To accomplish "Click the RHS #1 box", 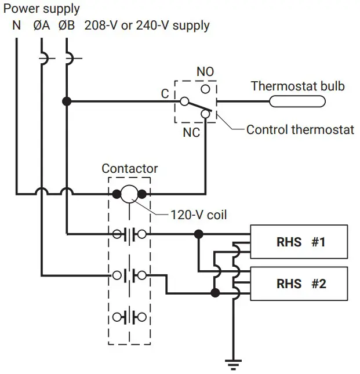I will pos(299,242).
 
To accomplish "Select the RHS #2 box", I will pos(299,284).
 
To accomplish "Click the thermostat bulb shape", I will pos(297,102).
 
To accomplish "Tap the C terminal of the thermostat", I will pos(184,101).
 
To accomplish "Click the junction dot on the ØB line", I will pos(67,101).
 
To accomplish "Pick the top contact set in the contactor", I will pos(129,234).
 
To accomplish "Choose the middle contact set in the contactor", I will pos(129,275).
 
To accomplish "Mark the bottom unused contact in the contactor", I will pos(129,317).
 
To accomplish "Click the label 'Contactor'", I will pos(129,169).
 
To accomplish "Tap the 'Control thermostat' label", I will pos(300,129).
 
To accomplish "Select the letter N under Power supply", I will pos(17,26).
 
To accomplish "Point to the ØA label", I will pos(42,26).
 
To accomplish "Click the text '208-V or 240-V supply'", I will pos(147,26).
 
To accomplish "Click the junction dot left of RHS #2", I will pos(215,292).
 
